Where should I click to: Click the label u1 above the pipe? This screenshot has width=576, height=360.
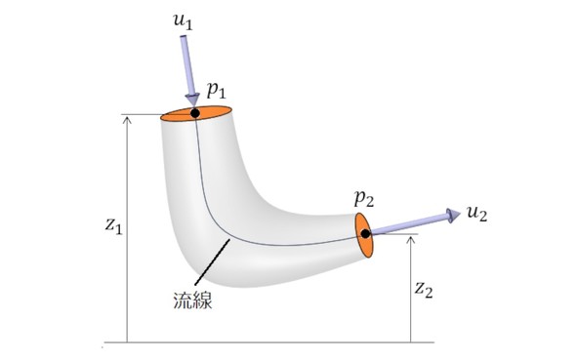click(x=183, y=21)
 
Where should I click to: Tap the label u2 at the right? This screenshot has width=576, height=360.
click(x=477, y=214)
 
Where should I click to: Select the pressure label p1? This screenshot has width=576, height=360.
click(x=217, y=91)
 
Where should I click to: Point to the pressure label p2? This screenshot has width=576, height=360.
click(x=364, y=198)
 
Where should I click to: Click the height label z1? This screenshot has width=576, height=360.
click(x=113, y=225)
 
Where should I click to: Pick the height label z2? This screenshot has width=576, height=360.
click(x=424, y=290)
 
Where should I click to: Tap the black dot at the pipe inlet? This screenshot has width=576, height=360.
click(x=195, y=113)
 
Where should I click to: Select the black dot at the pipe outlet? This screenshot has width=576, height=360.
click(x=365, y=234)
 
